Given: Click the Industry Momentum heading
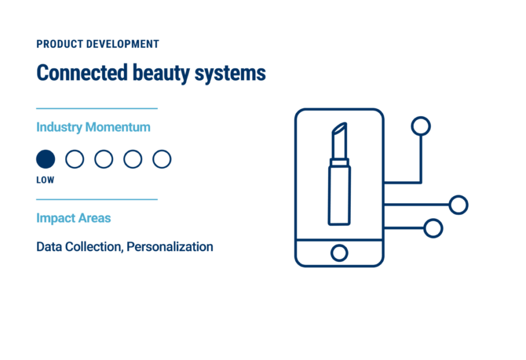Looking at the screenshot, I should point(93,127).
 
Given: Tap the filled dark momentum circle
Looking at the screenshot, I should point(45,159).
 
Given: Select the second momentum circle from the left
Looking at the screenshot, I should point(75,159).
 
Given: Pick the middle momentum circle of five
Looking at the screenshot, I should point(103,159).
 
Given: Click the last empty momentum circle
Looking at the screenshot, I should point(161,159).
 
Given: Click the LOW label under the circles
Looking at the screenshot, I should point(45,180).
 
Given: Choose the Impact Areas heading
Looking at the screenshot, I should point(74,218).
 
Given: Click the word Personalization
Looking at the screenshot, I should point(170,246).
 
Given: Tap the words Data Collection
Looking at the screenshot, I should point(78,246).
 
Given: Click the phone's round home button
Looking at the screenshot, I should point(339,253).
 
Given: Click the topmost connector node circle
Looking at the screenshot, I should point(421,126).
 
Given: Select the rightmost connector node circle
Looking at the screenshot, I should point(458,205).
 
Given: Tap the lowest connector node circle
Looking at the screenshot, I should point(433,228).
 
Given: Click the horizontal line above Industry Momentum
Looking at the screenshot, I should point(97,109).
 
